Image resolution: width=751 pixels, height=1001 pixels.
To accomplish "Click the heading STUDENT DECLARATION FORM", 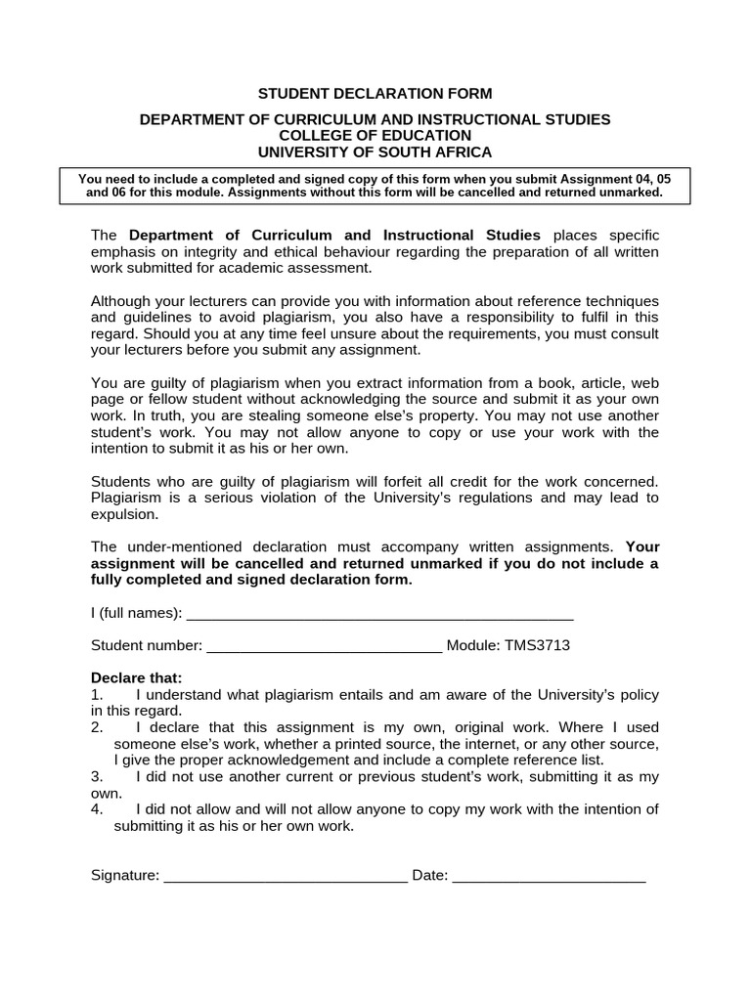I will (375, 94).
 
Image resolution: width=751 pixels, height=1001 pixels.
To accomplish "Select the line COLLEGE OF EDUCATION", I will (375, 136).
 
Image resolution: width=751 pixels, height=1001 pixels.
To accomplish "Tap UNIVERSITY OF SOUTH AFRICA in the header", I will (375, 152).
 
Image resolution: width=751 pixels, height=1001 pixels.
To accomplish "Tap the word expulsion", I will (123, 513).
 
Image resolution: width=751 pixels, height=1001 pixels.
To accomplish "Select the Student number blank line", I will (325, 646).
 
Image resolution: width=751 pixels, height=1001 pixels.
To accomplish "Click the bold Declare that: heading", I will (136, 678).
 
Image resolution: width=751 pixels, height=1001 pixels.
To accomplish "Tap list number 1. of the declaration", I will (97, 695).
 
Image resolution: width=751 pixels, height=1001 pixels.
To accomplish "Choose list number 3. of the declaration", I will (97, 776).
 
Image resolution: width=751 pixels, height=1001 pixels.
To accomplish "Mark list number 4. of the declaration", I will (97, 809).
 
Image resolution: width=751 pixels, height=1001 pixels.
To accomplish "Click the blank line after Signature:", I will (286, 876).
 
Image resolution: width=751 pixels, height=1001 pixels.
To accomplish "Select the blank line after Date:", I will (550, 876).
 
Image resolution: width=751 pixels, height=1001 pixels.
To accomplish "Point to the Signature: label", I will (125, 876).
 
